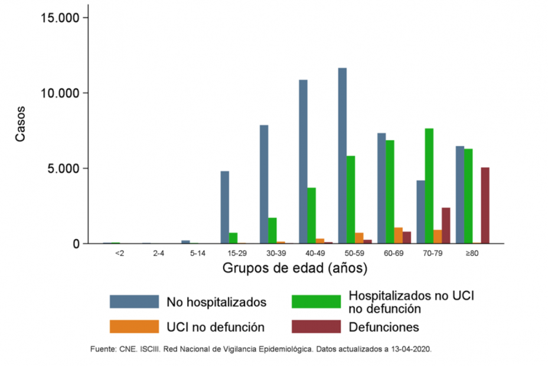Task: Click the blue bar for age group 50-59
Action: (x=342, y=156)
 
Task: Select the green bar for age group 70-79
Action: (x=429, y=186)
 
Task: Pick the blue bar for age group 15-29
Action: (x=225, y=207)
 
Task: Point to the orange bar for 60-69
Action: (x=399, y=235)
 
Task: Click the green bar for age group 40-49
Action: (x=311, y=215)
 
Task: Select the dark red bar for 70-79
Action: (x=446, y=225)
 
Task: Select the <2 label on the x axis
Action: (x=120, y=253)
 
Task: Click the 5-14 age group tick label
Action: (x=197, y=253)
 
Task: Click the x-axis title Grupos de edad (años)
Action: (x=295, y=269)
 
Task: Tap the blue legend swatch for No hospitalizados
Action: (x=134, y=302)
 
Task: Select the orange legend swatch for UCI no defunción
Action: (x=134, y=327)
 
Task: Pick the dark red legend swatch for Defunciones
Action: (x=317, y=327)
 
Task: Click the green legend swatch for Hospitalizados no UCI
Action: (x=317, y=302)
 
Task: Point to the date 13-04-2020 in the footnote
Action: (x=411, y=349)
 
